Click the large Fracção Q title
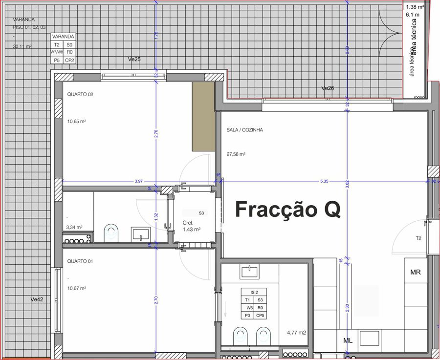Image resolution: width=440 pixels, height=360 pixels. click(x=288, y=209)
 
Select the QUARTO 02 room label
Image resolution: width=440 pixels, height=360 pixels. click(x=80, y=95)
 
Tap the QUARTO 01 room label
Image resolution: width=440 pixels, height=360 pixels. click(x=80, y=261)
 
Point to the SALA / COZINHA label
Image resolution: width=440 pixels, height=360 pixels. click(x=245, y=130)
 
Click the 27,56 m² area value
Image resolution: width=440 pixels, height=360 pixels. click(x=236, y=154)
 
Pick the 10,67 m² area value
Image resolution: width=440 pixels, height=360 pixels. click(x=76, y=288)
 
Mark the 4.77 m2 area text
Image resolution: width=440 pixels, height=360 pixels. click(x=296, y=333)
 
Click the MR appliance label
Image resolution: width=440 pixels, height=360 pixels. click(x=416, y=272)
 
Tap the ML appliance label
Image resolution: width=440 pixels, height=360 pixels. click(x=348, y=340)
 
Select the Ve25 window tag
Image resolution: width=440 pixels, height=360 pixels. click(x=134, y=59)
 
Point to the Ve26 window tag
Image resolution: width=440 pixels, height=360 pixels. click(x=328, y=88)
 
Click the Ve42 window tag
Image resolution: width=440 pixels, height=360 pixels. click(x=37, y=299)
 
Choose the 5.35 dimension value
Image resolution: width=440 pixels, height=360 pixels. click(x=324, y=181)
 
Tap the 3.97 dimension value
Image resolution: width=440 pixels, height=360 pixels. click(x=139, y=181)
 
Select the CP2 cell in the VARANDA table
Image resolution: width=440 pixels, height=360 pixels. click(x=69, y=61)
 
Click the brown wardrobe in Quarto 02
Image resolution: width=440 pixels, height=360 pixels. click(x=203, y=117)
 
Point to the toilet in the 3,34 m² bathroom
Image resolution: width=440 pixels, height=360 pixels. click(x=111, y=233)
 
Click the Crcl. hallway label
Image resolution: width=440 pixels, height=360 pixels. click(x=187, y=222)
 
